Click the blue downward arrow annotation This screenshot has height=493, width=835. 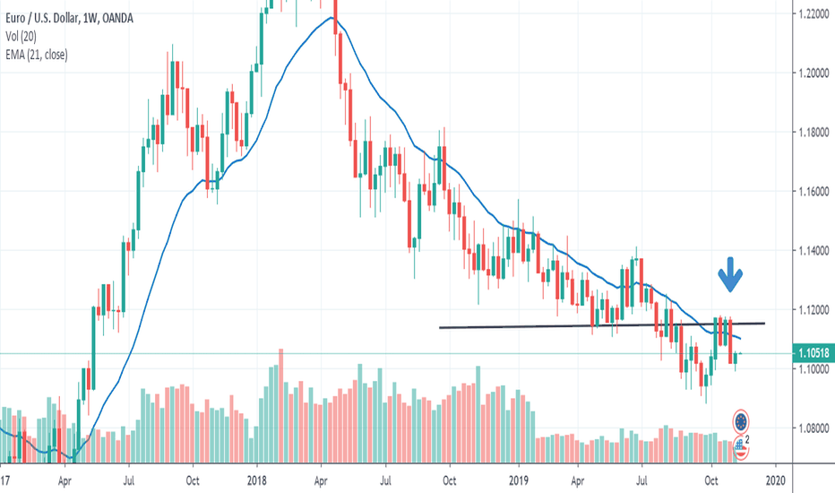[732, 274]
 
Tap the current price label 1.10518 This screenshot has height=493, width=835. [813, 354]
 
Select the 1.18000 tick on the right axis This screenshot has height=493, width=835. [812, 132]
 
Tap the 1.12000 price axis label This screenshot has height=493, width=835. [812, 309]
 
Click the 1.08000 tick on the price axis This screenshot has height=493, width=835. [812, 428]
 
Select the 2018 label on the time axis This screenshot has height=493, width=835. [257, 480]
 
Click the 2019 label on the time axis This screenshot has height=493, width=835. [520, 480]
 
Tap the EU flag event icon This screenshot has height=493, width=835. [741, 421]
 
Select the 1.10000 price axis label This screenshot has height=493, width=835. [812, 368]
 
